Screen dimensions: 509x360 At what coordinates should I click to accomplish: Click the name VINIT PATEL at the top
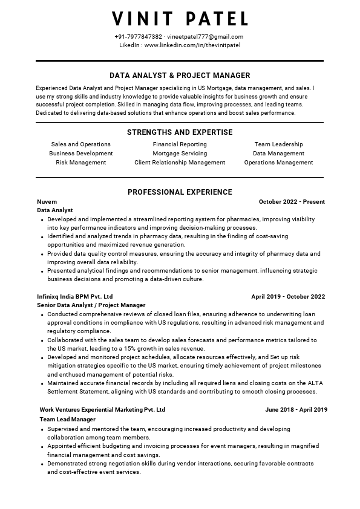click(x=180, y=19)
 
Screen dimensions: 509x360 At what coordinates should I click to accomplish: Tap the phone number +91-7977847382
click(x=138, y=37)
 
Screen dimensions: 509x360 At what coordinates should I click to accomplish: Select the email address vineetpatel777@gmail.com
click(x=206, y=37)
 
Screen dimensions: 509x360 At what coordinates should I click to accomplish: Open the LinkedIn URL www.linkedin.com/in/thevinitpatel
click(x=192, y=45)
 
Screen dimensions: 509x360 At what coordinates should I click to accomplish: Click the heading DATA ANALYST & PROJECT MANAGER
click(x=180, y=76)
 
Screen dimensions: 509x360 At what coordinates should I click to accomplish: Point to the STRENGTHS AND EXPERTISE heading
click(x=180, y=132)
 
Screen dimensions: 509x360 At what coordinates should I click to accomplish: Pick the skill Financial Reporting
click(x=180, y=144)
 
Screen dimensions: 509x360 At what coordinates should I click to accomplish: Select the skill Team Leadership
click(x=278, y=144)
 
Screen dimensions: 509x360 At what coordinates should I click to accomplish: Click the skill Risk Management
click(x=80, y=163)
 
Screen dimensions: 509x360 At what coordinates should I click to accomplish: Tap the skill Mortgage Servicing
click(x=180, y=154)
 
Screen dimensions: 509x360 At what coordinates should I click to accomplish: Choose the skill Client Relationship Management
click(x=180, y=163)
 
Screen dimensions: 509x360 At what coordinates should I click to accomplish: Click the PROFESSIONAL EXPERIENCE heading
click(x=180, y=192)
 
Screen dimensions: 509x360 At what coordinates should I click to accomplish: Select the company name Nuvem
click(x=47, y=202)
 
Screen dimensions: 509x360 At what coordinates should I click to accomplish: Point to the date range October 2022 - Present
click(x=292, y=202)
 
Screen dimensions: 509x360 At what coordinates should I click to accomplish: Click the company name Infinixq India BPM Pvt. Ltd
click(x=75, y=297)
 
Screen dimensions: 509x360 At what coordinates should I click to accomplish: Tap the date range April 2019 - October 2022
click(x=288, y=297)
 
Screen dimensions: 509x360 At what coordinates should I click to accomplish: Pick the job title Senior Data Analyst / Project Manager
click(x=91, y=306)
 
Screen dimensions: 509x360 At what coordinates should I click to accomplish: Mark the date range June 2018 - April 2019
click(x=296, y=410)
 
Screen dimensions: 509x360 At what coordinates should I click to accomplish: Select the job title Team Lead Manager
click(x=68, y=420)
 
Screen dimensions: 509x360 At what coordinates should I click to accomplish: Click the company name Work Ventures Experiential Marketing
click(x=102, y=410)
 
